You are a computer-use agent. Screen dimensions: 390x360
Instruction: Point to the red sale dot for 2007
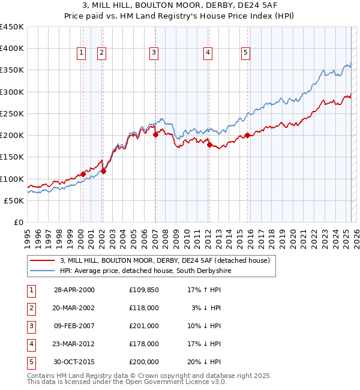(x=155, y=135)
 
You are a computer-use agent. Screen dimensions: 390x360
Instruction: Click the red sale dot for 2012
(x=209, y=145)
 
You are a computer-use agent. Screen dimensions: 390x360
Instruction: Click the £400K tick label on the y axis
(x=11, y=49)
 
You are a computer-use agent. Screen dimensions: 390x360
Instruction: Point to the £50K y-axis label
(x=14, y=200)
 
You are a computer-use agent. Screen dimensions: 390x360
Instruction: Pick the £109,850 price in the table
(x=143, y=290)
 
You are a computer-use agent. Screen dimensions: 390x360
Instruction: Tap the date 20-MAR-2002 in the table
(x=74, y=308)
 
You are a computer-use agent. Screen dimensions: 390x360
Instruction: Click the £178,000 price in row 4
(x=143, y=344)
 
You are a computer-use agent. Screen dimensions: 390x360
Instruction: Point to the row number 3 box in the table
(x=31, y=326)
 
